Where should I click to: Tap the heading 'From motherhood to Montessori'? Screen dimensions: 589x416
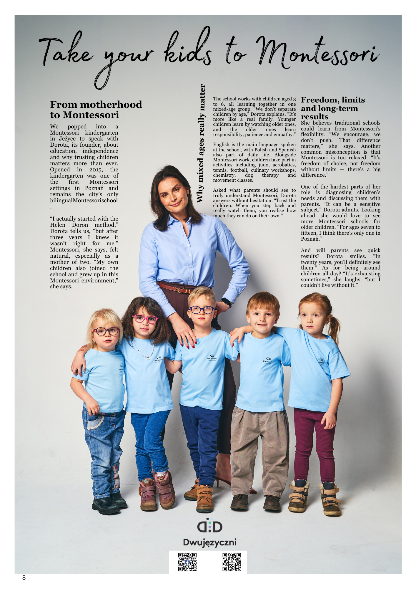pyautogui.click(x=96, y=110)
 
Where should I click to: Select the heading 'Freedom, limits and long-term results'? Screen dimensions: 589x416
pyautogui.click(x=333, y=108)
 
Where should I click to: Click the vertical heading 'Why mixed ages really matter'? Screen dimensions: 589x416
pyautogui.click(x=201, y=143)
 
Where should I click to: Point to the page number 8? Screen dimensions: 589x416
pyautogui.click(x=24, y=578)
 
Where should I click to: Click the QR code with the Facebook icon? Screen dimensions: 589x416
pyautogui.click(x=187, y=562)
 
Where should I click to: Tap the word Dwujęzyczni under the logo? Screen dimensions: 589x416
pyautogui.click(x=209, y=542)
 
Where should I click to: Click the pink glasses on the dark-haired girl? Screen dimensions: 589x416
pyautogui.click(x=145, y=319)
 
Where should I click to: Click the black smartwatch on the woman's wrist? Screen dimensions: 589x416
pyautogui.click(x=226, y=302)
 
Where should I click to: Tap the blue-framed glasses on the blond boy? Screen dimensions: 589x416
pyautogui.click(x=202, y=310)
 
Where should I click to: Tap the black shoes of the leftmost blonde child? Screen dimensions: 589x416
pyautogui.click(x=106, y=504)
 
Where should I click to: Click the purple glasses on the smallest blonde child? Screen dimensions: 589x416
pyautogui.click(x=106, y=331)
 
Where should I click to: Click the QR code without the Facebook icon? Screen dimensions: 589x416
pyautogui.click(x=232, y=562)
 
